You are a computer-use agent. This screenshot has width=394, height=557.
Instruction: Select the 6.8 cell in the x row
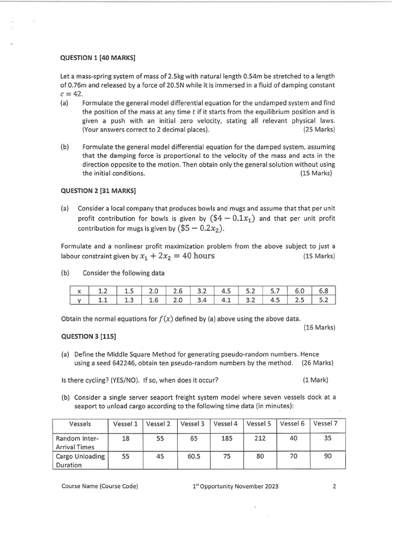point(323,291)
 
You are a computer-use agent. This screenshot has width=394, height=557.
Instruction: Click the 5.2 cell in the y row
point(323,300)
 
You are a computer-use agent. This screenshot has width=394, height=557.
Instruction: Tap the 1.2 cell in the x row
point(103,291)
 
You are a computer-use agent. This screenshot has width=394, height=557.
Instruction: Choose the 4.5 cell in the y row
point(276,300)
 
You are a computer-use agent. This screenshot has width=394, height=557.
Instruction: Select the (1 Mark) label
point(316,380)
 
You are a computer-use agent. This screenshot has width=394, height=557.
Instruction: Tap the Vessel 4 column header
point(226,424)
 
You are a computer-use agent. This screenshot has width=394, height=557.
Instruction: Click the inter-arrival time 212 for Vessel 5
point(260,438)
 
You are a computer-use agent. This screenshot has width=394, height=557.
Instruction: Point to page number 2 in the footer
point(334,486)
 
